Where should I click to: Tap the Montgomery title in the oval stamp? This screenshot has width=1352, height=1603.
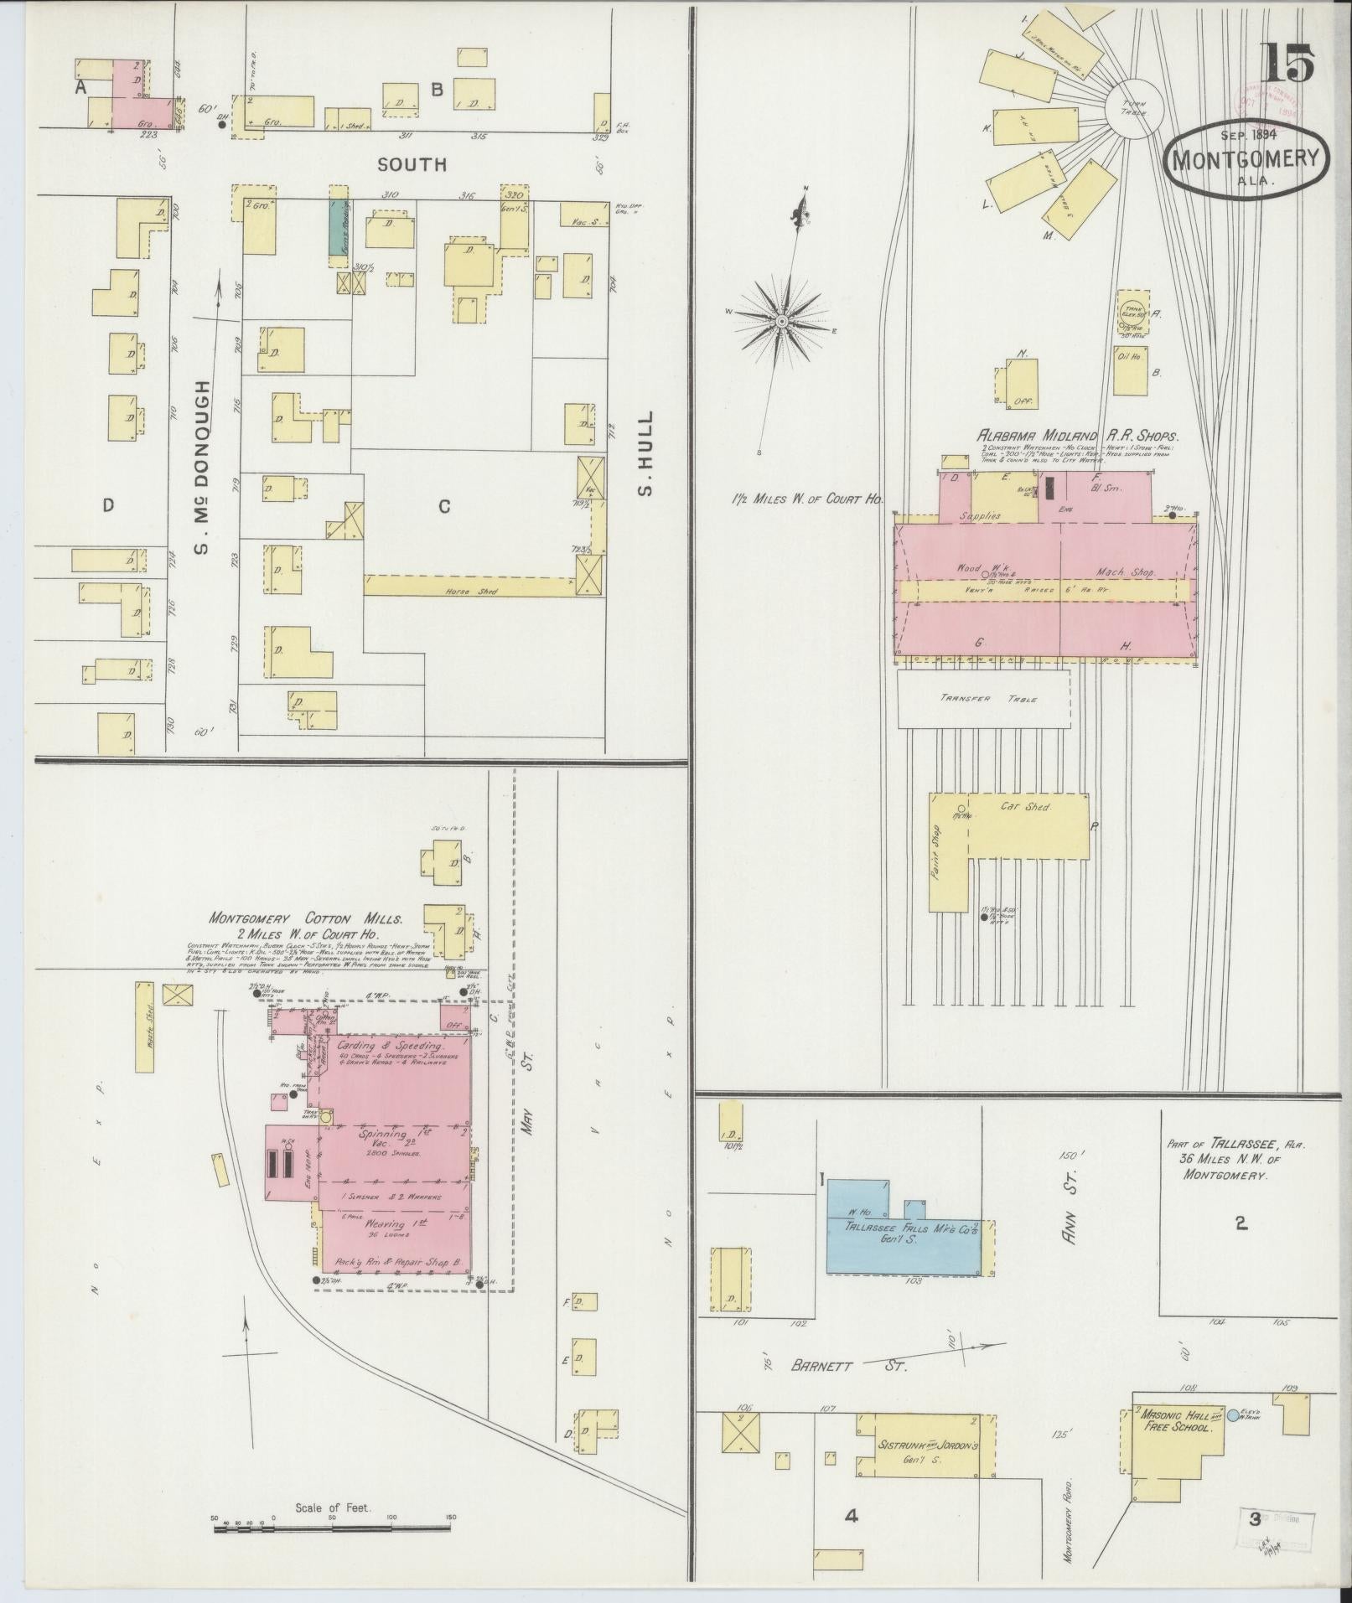[1246, 158]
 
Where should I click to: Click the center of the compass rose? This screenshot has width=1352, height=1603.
[781, 320]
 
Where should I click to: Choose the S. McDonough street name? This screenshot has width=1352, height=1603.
[201, 467]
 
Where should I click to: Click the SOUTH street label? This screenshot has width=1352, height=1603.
[412, 165]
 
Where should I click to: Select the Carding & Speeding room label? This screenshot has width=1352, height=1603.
[389, 1047]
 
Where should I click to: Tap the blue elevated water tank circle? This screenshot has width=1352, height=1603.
[1232, 1416]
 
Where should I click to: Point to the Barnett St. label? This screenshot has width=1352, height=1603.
[848, 1366]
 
